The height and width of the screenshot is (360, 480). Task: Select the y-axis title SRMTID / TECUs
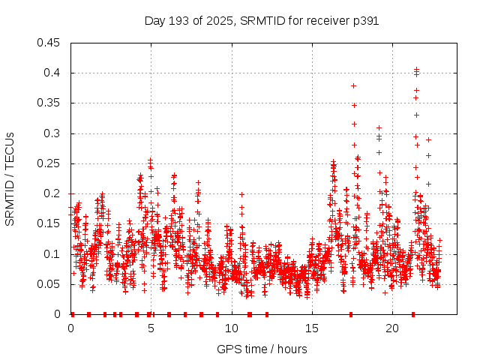pos(10,178)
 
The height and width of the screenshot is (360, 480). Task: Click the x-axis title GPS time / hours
pos(262,349)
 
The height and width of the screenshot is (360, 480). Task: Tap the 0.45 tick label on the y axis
pos(50,43)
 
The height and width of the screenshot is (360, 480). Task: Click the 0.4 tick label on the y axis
pos(53,73)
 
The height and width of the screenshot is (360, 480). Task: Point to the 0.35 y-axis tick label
pos(50,103)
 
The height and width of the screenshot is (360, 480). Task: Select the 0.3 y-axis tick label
pos(53,133)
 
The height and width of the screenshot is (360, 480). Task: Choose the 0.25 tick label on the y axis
pos(50,163)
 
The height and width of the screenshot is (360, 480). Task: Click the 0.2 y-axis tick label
pos(53,193)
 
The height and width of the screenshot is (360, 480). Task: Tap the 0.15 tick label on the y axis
pos(50,223)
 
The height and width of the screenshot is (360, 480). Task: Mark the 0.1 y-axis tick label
pos(53,254)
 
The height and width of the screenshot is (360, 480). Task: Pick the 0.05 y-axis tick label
pos(50,284)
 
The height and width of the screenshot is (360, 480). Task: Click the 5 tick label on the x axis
pos(151,328)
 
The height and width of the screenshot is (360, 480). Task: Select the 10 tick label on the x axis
pos(231,328)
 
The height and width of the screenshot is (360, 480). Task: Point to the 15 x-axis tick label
pos(312,328)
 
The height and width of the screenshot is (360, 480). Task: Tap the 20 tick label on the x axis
pos(392,328)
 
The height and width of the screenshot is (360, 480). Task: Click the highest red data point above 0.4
pos(416,70)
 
